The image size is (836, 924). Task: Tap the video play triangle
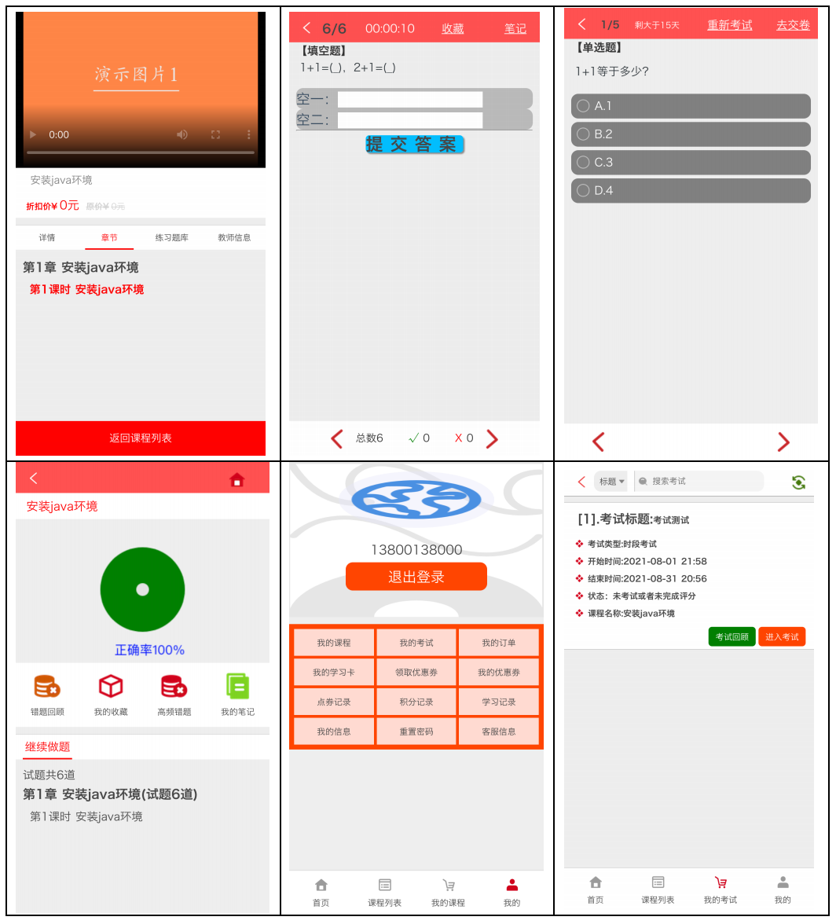coord(33,134)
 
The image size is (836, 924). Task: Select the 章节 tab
coord(109,237)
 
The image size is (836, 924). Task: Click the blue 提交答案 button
coord(415,145)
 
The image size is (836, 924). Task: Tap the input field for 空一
coord(410,99)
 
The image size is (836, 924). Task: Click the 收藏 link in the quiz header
coord(453,28)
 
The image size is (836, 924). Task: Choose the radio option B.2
coord(691,134)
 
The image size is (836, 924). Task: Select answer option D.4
coord(691,191)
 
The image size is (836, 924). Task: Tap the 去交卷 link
coord(793,25)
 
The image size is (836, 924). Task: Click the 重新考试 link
coord(729,25)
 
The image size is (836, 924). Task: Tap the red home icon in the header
coord(236,479)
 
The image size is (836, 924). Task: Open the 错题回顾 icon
coord(47,687)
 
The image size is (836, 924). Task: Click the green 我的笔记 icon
coord(237,687)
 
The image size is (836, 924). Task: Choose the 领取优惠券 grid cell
coord(416,673)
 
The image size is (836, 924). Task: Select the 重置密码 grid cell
coord(416,731)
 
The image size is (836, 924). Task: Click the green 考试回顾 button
coord(731,637)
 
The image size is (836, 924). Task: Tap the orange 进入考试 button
coord(782,637)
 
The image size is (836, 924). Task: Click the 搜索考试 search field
coord(698,482)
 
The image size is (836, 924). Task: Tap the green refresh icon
coord(798,482)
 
